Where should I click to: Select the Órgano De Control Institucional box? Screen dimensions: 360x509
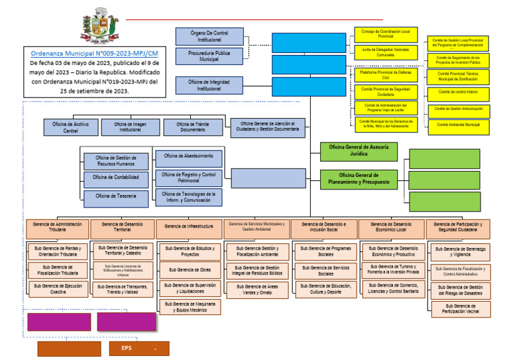pyautogui.click(x=209, y=36)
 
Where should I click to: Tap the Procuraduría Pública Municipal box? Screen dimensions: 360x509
pyautogui.click(x=209, y=56)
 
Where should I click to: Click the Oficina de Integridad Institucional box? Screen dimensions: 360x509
pyautogui.click(x=209, y=86)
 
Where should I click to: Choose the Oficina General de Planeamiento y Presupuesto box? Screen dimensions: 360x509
pyautogui.click(x=359, y=178)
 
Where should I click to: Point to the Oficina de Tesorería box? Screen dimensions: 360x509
pyautogui.click(x=116, y=196)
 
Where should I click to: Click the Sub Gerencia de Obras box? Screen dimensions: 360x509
pyautogui.click(x=189, y=270)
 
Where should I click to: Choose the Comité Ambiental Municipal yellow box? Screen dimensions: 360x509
pyautogui.click(x=459, y=125)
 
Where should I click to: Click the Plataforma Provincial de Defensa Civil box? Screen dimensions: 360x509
pyautogui.click(x=386, y=75)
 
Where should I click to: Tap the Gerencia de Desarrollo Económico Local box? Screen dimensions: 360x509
pyautogui.click(x=391, y=227)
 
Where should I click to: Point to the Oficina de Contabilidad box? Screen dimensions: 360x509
pyautogui.click(x=116, y=178)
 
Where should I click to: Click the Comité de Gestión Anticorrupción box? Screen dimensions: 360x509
pyautogui.click(x=459, y=109)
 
